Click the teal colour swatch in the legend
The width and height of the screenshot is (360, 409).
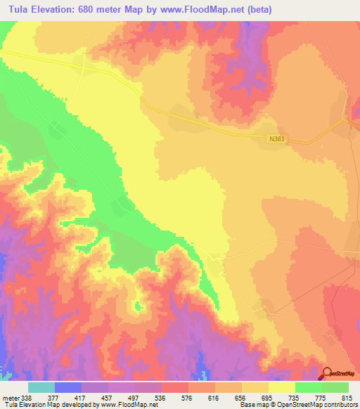pos(41,387)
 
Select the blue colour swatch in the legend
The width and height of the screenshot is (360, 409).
pos(68,387)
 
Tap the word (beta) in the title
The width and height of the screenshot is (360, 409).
pos(259,10)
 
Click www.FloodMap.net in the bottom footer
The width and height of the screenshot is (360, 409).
pos(120,405)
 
